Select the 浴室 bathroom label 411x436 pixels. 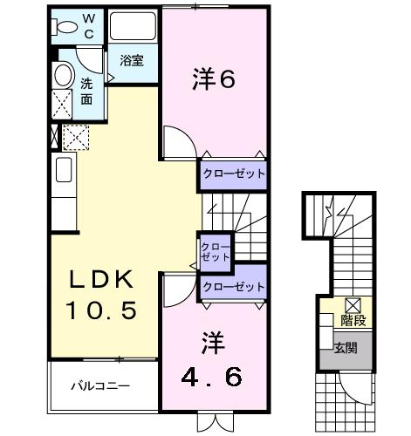(132, 62)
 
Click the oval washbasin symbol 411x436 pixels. (63, 75)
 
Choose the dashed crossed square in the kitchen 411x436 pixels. (75, 136)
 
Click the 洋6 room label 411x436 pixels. (214, 79)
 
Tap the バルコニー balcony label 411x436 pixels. (101, 385)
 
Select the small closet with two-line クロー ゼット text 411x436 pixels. (216, 251)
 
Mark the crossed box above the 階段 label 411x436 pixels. (353, 304)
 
